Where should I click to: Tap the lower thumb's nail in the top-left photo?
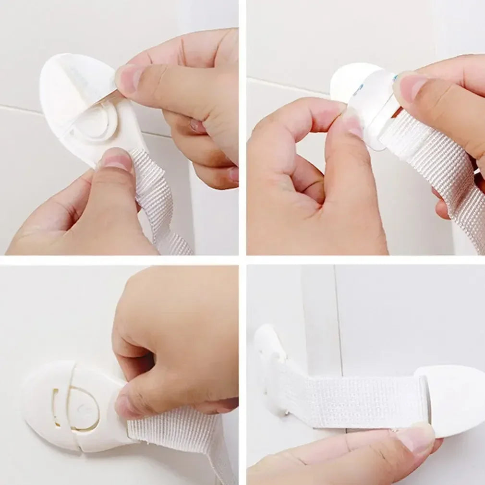[116, 159]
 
